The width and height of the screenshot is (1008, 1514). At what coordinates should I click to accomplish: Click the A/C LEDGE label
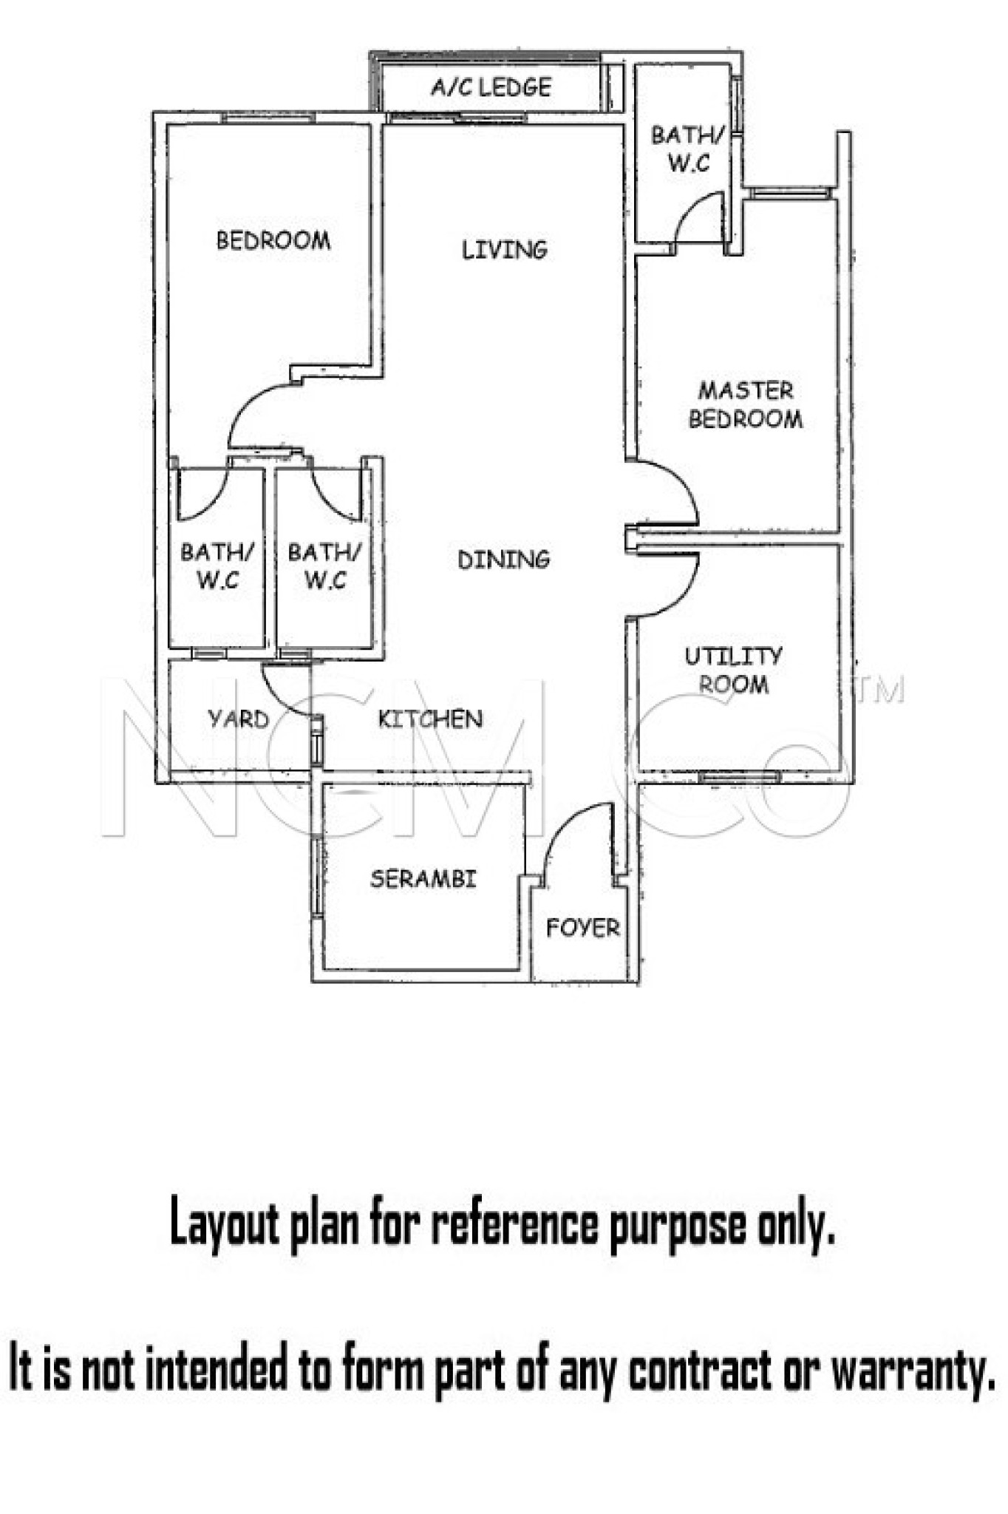(x=491, y=87)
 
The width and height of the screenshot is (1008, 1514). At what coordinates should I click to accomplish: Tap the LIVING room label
(x=505, y=250)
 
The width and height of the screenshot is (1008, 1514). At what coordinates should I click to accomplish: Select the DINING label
(x=504, y=560)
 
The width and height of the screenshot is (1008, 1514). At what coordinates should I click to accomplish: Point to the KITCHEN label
(x=430, y=719)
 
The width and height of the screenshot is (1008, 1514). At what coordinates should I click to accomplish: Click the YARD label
(x=239, y=719)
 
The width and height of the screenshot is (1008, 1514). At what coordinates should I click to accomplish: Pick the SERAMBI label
(x=423, y=879)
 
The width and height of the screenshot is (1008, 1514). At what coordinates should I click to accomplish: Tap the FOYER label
(x=583, y=928)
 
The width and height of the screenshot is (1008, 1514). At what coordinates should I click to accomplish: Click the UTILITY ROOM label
(x=733, y=670)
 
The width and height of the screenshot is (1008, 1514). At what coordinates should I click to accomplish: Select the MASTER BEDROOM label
(x=746, y=404)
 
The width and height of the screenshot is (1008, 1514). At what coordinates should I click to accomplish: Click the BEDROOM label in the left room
(x=273, y=240)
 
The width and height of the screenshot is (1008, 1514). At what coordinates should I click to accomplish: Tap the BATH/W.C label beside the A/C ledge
(x=689, y=149)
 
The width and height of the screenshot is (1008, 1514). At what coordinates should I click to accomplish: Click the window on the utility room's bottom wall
(x=740, y=777)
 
